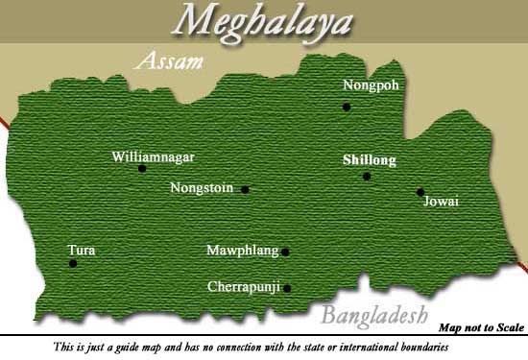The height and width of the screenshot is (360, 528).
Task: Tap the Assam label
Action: click(170, 62)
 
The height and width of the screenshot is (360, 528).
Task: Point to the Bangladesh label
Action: click(373, 316)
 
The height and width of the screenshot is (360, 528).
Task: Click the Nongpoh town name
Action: click(370, 85)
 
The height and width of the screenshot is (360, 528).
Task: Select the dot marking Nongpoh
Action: click(348, 107)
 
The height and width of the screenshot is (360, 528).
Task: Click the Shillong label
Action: click(370, 160)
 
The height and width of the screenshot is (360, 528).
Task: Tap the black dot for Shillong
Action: click(367, 177)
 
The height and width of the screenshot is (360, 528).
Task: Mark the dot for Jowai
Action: click(420, 192)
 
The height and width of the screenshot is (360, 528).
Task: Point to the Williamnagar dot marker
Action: click(142, 169)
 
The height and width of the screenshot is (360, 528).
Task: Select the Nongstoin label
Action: click(202, 188)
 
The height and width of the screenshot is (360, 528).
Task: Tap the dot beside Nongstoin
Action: click(246, 190)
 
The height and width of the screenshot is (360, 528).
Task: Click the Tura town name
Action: click(82, 251)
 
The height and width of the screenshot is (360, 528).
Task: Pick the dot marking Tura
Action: click(73, 263)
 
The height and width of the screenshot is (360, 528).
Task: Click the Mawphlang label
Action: click(242, 252)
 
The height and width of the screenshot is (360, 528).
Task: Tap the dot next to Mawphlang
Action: click(285, 252)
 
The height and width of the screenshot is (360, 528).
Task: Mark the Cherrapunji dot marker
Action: click(287, 288)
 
